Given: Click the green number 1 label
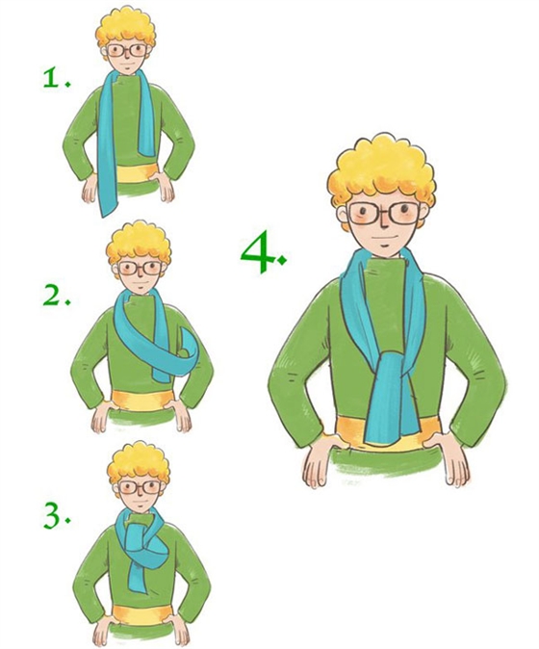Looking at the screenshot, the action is pos(57,78).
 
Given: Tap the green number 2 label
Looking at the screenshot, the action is pos(56,296).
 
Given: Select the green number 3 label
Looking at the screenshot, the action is pos(56,516).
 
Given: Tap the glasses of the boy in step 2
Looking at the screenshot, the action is pos(140,269).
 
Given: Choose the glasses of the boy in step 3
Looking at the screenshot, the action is pos(140,487).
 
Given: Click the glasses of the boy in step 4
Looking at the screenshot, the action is pos(384,213).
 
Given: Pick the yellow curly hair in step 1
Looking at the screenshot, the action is pos(126,29).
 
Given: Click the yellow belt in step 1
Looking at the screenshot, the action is pos(135,172).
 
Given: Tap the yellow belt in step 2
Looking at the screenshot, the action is pos(141,401).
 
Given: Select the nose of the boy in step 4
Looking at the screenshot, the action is pos(383,225).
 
